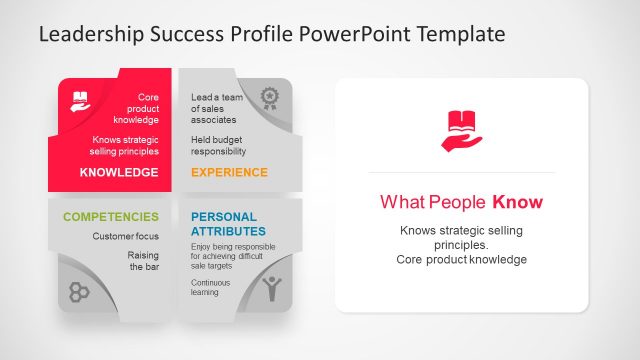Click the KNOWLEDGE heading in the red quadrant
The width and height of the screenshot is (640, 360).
(x=119, y=173)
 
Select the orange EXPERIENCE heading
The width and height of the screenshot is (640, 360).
(x=229, y=173)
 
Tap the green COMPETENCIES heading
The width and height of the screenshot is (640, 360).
(x=111, y=216)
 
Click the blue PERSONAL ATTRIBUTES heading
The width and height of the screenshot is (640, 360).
(x=224, y=224)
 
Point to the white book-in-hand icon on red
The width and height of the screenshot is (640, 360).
(x=80, y=100)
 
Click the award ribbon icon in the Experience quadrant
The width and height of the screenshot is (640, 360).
(x=269, y=98)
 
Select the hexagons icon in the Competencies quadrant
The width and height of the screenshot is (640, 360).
(x=80, y=292)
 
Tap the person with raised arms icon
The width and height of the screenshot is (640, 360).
(x=271, y=289)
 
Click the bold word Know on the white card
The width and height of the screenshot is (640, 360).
(x=517, y=203)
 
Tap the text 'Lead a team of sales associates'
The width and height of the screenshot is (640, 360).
(x=218, y=108)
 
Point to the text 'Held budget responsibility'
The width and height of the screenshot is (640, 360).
(x=218, y=146)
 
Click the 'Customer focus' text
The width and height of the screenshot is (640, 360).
(x=126, y=237)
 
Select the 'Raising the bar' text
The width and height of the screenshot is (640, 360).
(x=143, y=262)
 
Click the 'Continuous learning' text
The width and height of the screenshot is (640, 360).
(x=211, y=288)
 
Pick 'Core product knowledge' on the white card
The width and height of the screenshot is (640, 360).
(x=461, y=260)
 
